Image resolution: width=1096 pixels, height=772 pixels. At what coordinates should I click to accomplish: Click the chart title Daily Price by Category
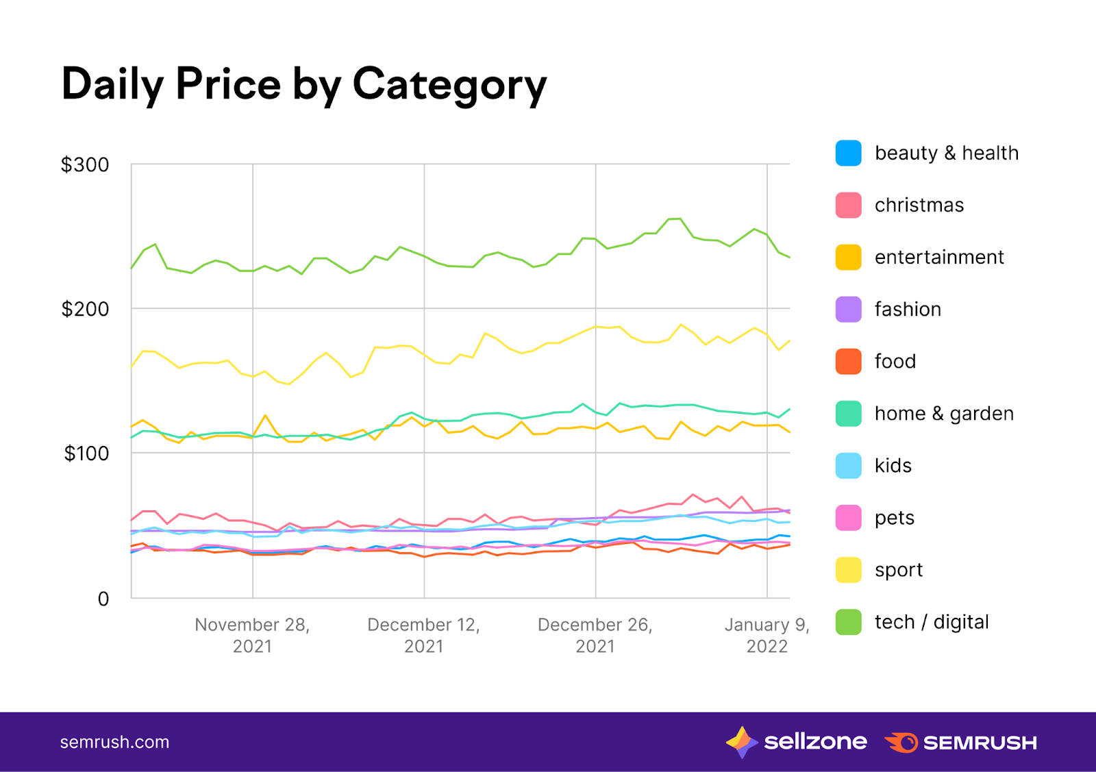(x=304, y=84)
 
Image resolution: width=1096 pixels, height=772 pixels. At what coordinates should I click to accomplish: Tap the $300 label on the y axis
(x=85, y=165)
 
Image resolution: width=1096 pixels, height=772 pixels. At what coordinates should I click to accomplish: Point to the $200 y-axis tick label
(x=85, y=309)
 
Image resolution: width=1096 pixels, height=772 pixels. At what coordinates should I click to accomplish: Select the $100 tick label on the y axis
(x=86, y=453)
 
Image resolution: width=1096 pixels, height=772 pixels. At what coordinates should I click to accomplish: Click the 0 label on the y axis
(x=103, y=599)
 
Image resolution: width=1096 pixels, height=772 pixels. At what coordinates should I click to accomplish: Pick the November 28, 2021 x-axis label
(x=252, y=635)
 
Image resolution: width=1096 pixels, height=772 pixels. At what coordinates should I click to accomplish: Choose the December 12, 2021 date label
(x=423, y=635)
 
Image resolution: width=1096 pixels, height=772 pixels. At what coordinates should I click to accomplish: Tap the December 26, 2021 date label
(x=595, y=635)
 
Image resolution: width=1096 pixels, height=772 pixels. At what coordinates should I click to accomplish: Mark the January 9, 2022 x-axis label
(x=767, y=635)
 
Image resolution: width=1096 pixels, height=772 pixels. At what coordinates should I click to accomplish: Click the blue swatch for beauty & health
(x=848, y=153)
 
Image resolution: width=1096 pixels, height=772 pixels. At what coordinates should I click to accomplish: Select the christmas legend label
(x=919, y=205)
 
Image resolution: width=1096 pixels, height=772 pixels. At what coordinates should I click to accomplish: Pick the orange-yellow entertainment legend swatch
(x=848, y=257)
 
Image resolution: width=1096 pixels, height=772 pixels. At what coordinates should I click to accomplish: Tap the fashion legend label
(x=908, y=309)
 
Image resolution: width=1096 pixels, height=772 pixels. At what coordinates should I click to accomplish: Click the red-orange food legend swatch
(x=848, y=361)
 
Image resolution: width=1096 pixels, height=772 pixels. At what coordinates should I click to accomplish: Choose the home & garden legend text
(x=944, y=413)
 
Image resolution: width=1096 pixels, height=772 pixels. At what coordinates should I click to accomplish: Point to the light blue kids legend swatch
(x=848, y=465)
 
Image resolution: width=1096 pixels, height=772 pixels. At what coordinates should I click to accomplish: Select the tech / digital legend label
(x=932, y=622)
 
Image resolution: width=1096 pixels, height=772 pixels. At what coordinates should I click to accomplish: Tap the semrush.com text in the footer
(x=114, y=742)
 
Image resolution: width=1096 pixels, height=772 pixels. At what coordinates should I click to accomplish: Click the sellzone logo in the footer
(x=797, y=742)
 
